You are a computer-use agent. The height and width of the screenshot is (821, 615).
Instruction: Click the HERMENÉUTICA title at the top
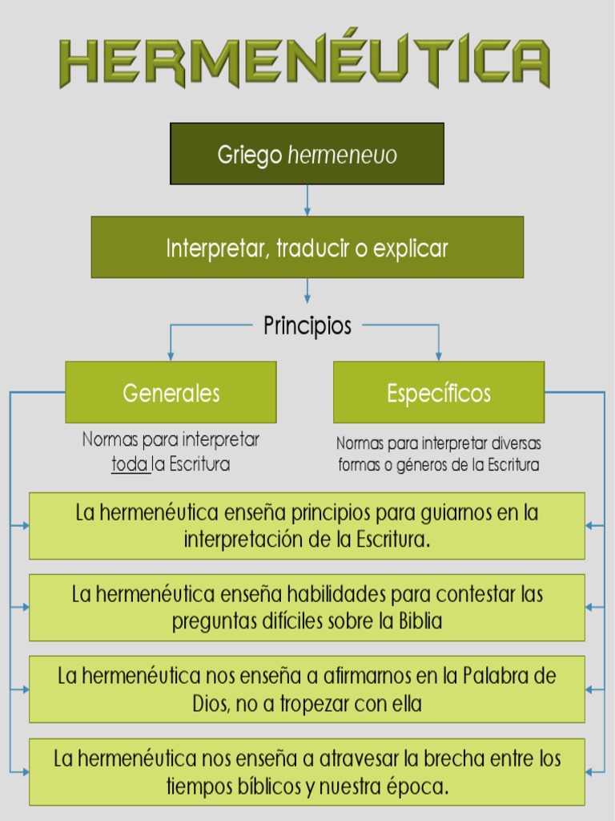pyautogui.click(x=305, y=62)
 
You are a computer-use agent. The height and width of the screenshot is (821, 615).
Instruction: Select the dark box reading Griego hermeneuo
pyautogui.click(x=307, y=153)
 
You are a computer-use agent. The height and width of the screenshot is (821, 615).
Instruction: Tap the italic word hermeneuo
pyautogui.click(x=342, y=155)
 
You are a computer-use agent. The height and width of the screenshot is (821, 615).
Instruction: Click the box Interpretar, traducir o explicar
pyautogui.click(x=307, y=248)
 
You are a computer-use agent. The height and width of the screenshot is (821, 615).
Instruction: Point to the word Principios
pyautogui.click(x=307, y=326)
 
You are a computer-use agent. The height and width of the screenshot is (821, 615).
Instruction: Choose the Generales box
pyautogui.click(x=171, y=393)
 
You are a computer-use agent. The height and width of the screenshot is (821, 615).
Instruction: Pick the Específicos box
pyautogui.click(x=438, y=393)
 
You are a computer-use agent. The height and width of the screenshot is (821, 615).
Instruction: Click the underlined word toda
pyautogui.click(x=129, y=464)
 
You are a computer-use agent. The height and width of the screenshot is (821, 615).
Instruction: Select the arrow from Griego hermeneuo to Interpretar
pyautogui.click(x=307, y=200)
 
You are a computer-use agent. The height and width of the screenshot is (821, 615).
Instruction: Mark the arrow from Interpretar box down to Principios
pyautogui.click(x=307, y=291)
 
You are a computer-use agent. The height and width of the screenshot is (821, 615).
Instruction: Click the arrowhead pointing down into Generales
pyautogui.click(x=170, y=355)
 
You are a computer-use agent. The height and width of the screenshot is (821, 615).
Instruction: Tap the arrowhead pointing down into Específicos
pyautogui.click(x=438, y=355)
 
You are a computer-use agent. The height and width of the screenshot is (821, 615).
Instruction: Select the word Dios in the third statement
pyautogui.click(x=210, y=705)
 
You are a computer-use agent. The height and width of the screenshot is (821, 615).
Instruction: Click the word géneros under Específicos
pyautogui.click(x=426, y=465)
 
